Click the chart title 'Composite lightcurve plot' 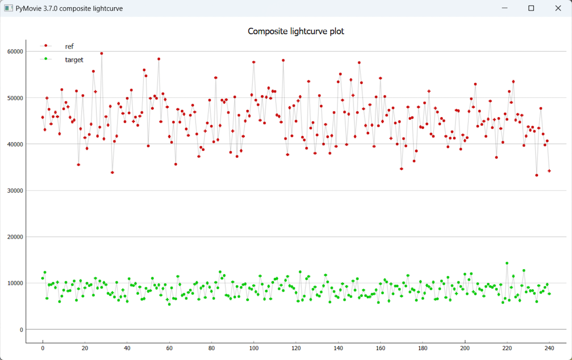296,31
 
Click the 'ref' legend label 69,47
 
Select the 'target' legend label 74,60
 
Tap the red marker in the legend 46,46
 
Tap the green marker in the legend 46,59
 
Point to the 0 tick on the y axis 21,330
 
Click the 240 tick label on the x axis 549,348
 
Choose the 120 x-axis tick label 296,348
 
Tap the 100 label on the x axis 254,348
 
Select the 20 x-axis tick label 85,348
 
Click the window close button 558,8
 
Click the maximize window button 531,8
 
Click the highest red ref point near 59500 101,53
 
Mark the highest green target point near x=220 507,263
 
